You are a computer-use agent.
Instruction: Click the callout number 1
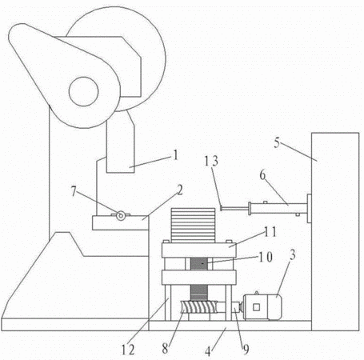tap(175, 155)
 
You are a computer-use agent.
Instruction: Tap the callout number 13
tap(211, 161)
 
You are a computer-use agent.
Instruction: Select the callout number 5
tap(277, 142)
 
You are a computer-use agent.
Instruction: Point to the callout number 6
tap(262, 175)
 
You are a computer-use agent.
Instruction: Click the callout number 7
tap(74, 191)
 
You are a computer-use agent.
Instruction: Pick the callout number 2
tap(180, 190)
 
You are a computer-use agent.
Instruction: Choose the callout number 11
tap(270, 232)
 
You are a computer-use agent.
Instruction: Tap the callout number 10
tap(266, 257)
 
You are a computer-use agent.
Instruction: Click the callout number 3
tap(293, 255)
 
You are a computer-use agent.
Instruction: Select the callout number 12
tap(128, 350)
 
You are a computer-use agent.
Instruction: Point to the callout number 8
tap(165, 348)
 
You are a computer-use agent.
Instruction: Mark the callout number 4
tap(208, 351)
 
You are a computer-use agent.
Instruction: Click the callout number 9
tap(246, 349)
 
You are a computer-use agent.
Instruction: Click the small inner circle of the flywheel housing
tap(83, 91)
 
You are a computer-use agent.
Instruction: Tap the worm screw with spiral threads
tap(198, 306)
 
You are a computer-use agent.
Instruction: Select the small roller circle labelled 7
tap(121, 215)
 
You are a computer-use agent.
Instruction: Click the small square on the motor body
tap(256, 307)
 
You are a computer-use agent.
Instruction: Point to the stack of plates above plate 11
tap(193, 226)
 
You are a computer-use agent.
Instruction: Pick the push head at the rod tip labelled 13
tap(221, 208)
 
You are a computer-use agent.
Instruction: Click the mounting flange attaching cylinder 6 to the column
tap(310, 208)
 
